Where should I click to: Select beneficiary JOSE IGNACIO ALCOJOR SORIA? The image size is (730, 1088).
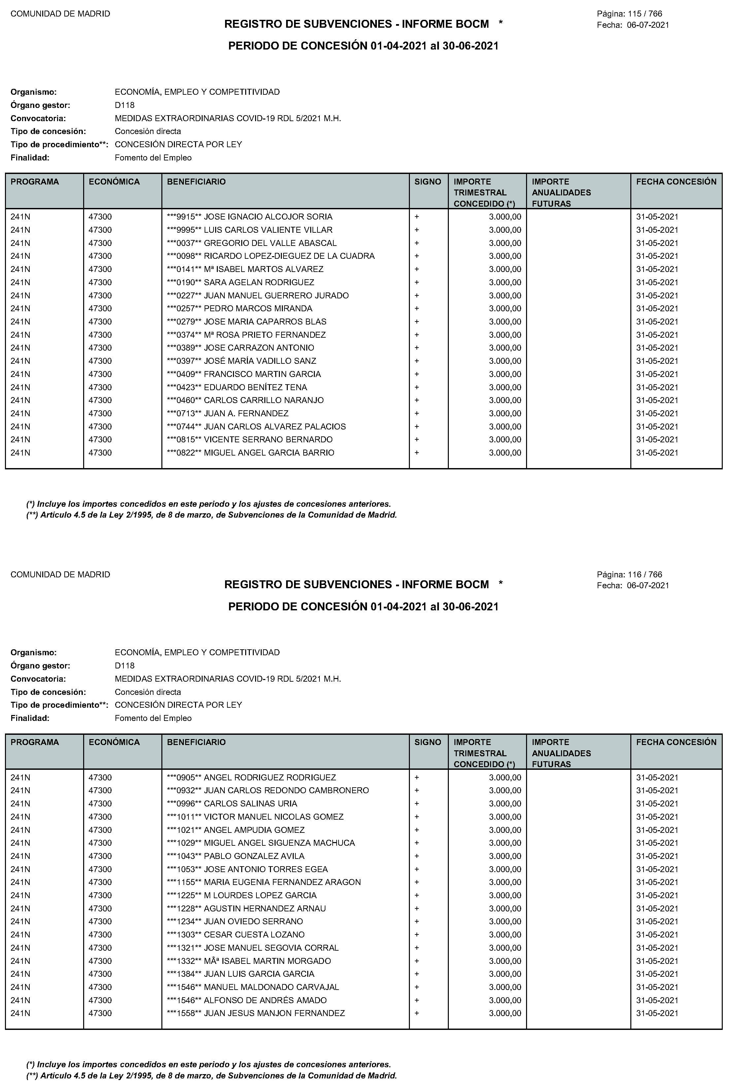click(x=268, y=217)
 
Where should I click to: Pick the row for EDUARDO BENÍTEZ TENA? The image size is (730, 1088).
click(x=255, y=387)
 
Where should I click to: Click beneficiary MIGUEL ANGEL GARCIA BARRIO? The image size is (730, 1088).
click(x=269, y=453)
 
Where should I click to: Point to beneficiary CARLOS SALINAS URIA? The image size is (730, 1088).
click(x=250, y=803)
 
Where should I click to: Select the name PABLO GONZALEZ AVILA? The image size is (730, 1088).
click(x=254, y=856)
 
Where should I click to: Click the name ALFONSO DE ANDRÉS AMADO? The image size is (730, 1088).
click(x=265, y=1000)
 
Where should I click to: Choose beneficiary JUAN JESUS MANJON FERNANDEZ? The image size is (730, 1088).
click(x=275, y=1013)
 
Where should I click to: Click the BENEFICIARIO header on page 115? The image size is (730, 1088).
click(x=196, y=182)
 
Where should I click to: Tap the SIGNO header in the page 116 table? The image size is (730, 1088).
click(x=428, y=742)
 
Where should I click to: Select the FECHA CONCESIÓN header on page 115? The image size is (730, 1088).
click(x=676, y=182)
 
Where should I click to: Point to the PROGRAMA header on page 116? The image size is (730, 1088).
click(x=35, y=742)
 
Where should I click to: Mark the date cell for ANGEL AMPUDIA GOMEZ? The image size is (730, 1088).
click(x=657, y=830)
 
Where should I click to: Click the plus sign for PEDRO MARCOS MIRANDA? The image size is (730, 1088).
click(x=417, y=308)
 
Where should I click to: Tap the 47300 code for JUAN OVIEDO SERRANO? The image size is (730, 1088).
click(x=100, y=921)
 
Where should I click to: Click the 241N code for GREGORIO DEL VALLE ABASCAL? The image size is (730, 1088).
click(x=20, y=243)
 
